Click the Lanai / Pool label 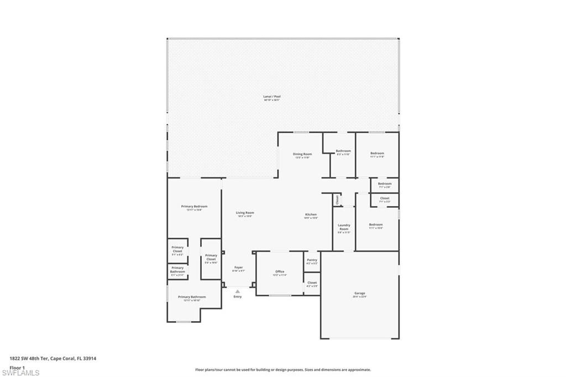(271, 97)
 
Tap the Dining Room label (302, 154)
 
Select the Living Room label (245, 213)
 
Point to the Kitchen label (311, 214)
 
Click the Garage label (360, 294)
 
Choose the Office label (280, 271)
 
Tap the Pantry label (312, 260)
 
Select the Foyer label (238, 268)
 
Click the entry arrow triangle (238, 290)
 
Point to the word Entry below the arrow (238, 297)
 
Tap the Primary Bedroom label (194, 207)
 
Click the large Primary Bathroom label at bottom (192, 297)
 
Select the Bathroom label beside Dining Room (343, 151)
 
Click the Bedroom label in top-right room (377, 154)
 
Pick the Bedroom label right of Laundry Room (376, 224)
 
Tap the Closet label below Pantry (312, 282)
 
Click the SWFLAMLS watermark (20, 373)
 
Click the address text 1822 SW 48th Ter (29, 358)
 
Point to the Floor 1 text (17, 367)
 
